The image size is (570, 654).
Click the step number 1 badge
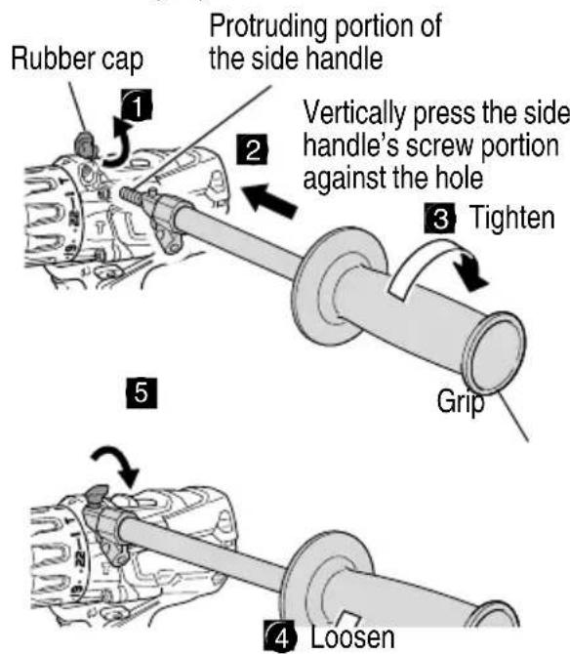137,105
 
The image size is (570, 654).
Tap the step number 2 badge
252,149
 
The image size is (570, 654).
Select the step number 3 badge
440,218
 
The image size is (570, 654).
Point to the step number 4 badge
280,636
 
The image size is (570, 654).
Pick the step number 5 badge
142,392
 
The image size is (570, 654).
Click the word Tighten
512,218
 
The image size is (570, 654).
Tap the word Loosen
352,637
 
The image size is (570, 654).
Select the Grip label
461,402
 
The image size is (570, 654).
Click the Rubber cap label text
77,60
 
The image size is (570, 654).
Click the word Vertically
354,113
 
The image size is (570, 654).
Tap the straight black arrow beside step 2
269,201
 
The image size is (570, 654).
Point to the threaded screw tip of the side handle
129,194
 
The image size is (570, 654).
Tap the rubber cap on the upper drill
85,143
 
